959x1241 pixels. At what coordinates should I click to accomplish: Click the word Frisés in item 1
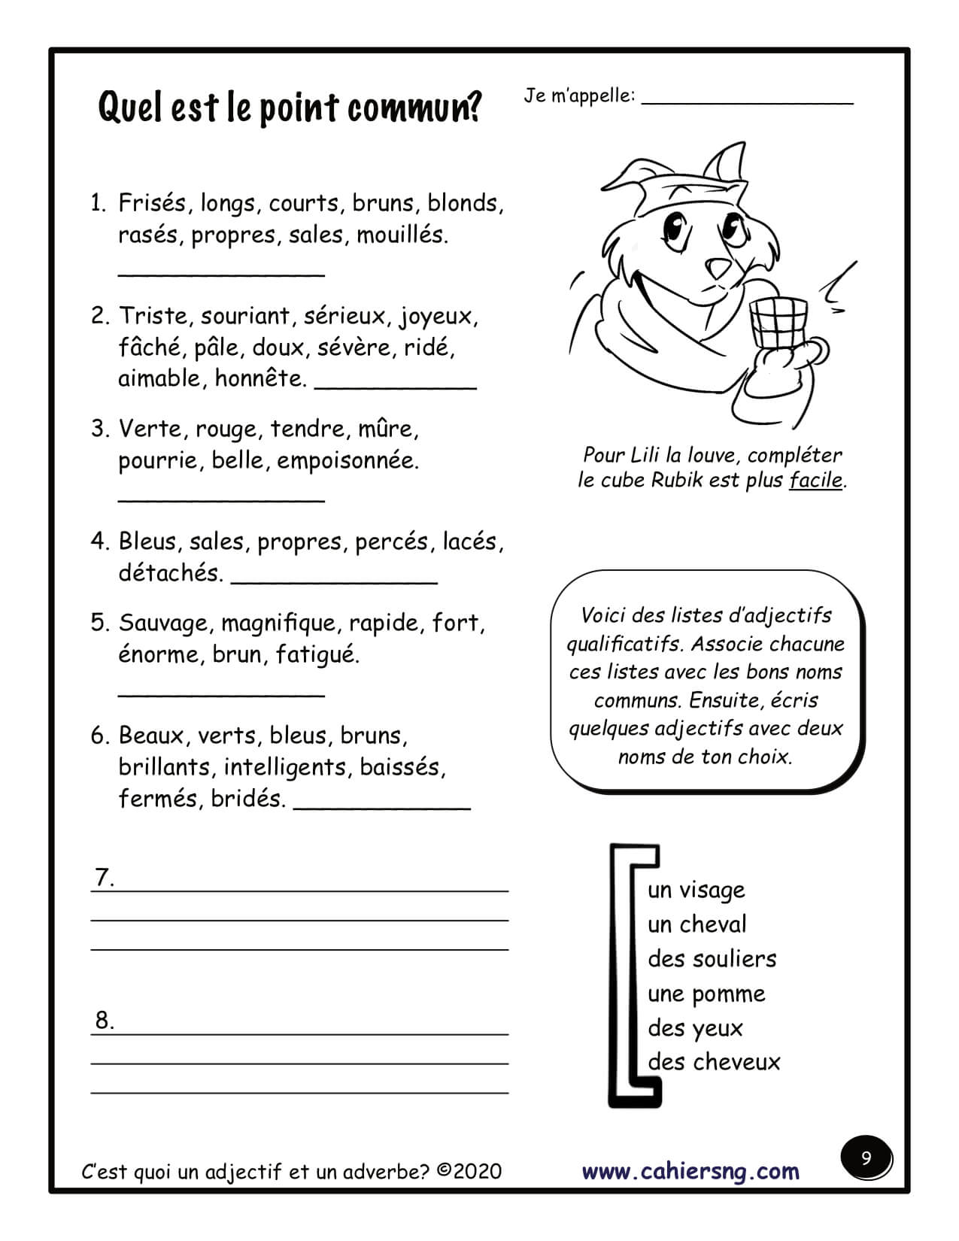(x=152, y=203)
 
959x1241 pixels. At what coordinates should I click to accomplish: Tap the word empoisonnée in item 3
(x=347, y=460)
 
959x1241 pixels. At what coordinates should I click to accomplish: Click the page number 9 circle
(x=866, y=1158)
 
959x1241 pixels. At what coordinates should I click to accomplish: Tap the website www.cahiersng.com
(x=690, y=1171)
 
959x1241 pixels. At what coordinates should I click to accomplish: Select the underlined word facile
(x=816, y=480)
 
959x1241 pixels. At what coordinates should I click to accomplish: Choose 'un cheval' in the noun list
(x=697, y=924)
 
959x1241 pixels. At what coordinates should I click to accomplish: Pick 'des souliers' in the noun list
(x=712, y=959)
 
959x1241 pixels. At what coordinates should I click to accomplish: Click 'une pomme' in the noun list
(x=706, y=994)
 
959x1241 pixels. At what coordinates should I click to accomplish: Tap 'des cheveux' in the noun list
(x=714, y=1062)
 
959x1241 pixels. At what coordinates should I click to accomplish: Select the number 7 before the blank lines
(x=104, y=878)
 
